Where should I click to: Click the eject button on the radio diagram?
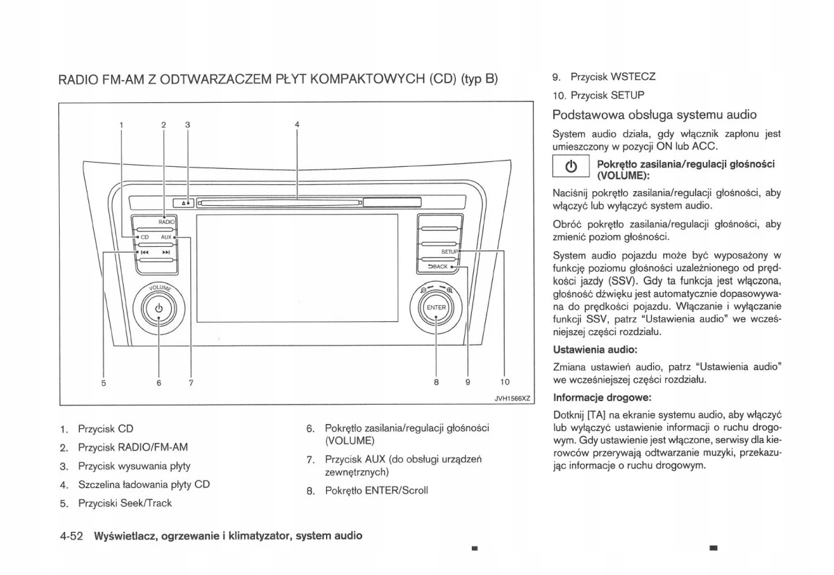pos(185,203)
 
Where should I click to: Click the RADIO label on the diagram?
pos(166,221)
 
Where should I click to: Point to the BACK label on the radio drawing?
pos(439,266)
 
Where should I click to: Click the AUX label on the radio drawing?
pos(165,237)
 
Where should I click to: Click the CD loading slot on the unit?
pos(278,203)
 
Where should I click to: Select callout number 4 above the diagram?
pos(297,124)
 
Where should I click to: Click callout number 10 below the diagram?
pos(505,381)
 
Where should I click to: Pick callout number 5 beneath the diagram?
pos(104,381)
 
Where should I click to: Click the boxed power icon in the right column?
pos(571,168)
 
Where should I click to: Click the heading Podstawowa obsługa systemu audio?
pos(654,115)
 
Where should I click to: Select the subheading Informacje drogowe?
pos(602,398)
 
